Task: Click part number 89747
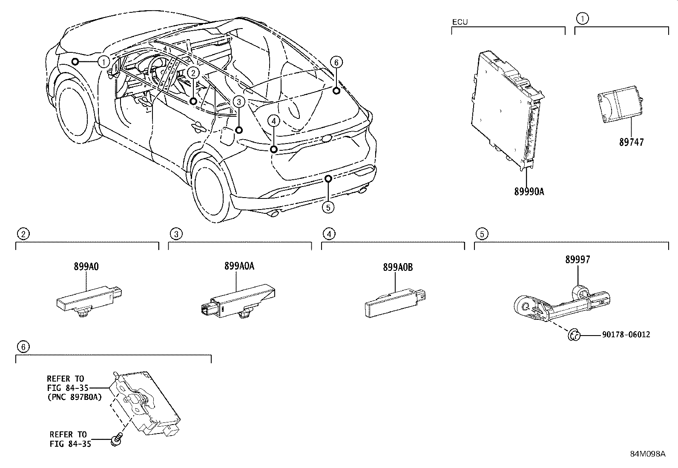(632, 142)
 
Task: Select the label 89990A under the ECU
(529, 192)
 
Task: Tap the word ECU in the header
(460, 22)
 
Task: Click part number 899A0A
(239, 267)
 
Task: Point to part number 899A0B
(398, 267)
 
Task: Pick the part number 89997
(578, 260)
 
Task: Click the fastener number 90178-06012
(626, 335)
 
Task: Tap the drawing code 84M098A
(648, 454)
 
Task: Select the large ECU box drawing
(507, 111)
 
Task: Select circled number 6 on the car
(336, 63)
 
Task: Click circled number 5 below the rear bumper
(328, 207)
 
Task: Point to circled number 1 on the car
(103, 62)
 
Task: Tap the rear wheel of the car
(210, 190)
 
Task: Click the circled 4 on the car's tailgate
(273, 121)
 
